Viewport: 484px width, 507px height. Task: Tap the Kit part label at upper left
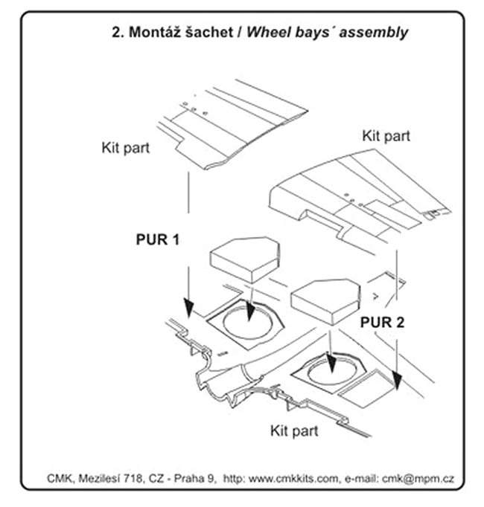click(125, 147)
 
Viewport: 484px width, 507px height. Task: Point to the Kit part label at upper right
click(386, 136)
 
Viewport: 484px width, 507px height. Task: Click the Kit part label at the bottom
click(294, 430)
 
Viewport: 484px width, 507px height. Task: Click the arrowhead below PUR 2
click(398, 381)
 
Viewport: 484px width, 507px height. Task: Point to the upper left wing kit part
click(231, 123)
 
